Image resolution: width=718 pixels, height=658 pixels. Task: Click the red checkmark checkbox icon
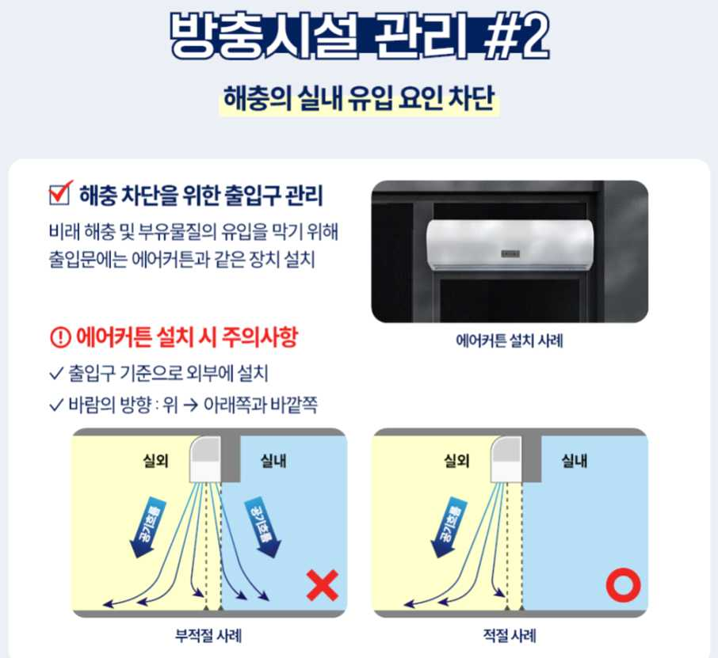click(x=60, y=192)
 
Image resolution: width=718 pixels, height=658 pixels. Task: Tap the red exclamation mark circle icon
click(x=60, y=337)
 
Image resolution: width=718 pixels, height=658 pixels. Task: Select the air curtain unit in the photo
click(x=510, y=245)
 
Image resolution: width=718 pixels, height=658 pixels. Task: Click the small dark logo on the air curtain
click(x=510, y=253)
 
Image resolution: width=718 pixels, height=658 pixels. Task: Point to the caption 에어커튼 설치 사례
click(x=510, y=341)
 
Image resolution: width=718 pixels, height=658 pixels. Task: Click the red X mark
click(x=323, y=585)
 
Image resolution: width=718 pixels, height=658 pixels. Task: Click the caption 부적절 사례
click(x=208, y=636)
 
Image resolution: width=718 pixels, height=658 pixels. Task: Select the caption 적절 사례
click(x=510, y=636)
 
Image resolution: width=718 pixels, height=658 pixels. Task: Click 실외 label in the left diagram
click(x=155, y=461)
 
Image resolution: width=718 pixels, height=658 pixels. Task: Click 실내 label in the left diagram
click(x=273, y=461)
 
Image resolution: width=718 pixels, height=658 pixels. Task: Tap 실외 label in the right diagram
click(x=457, y=461)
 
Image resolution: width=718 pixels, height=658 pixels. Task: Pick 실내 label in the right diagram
click(x=575, y=461)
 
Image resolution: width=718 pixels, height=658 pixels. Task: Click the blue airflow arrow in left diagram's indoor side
click(x=263, y=527)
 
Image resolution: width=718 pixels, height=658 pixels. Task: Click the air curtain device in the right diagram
click(x=506, y=459)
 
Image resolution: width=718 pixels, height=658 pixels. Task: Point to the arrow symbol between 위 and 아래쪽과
click(x=190, y=405)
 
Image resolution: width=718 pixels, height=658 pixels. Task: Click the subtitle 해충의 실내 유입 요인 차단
click(x=359, y=98)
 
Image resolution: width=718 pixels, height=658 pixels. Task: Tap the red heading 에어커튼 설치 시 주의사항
click(x=186, y=337)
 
